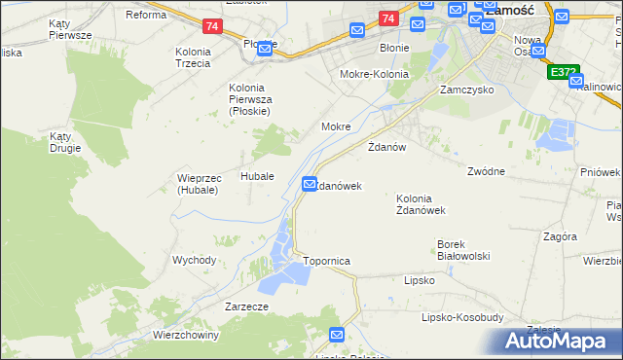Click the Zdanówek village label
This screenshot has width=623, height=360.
coord(339,186)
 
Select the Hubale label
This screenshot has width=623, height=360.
coord(257,177)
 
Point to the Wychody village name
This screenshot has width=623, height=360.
coord(194,260)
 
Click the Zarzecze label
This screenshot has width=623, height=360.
coord(245,306)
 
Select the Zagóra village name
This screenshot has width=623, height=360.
coord(561,236)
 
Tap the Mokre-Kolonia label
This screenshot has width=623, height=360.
coord(374,74)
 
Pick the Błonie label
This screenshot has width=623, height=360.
coord(394,47)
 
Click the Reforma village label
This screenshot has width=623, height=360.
coord(146,15)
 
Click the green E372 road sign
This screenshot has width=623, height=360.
coord(564,72)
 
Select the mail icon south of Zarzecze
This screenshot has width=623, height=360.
coord(337,335)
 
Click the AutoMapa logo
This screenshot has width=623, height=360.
coord(560,342)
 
